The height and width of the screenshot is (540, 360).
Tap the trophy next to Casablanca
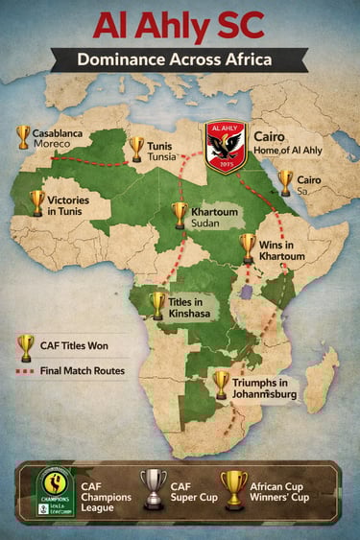click(23, 137)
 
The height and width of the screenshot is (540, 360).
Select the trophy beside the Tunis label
click(136, 149)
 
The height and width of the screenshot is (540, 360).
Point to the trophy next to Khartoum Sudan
click(180, 215)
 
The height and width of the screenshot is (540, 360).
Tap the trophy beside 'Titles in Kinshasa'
click(157, 305)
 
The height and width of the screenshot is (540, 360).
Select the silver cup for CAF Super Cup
click(154, 488)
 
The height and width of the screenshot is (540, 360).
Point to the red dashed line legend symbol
click(25, 370)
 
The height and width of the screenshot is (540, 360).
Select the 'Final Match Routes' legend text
click(83, 370)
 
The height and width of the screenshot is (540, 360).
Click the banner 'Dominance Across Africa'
click(180, 59)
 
